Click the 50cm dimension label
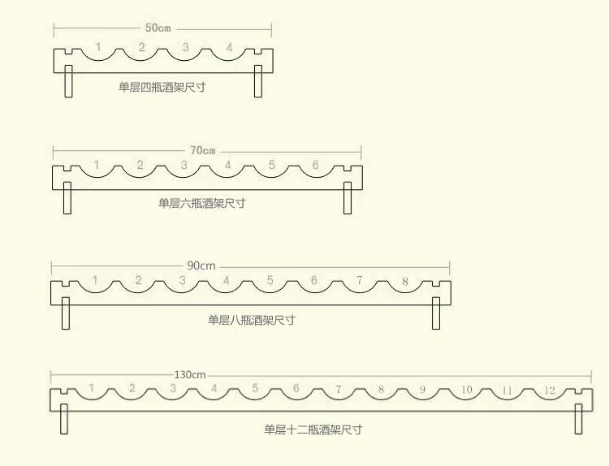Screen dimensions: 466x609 tap(158, 28)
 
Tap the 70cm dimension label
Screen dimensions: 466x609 tap(203, 150)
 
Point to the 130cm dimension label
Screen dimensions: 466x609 tap(190, 374)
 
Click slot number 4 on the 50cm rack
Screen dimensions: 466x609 tap(229, 48)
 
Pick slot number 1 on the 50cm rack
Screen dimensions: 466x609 tap(98, 48)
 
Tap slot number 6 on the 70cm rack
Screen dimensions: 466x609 tap(316, 166)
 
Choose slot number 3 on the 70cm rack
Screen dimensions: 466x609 tap(184, 166)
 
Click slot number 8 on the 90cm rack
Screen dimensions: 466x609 tap(405, 282)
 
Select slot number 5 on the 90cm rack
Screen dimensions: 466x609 tap(270, 282)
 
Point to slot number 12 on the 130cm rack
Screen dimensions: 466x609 tap(550, 390)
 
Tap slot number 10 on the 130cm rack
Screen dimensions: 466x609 tap(466, 390)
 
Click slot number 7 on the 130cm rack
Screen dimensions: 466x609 tap(339, 390)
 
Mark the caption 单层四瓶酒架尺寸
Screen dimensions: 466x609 tap(162, 86)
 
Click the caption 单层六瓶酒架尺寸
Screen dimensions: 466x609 tap(201, 203)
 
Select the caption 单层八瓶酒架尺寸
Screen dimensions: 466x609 tap(251, 320)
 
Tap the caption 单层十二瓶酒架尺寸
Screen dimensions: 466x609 tap(313, 429)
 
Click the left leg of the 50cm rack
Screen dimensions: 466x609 tap(69, 80)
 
